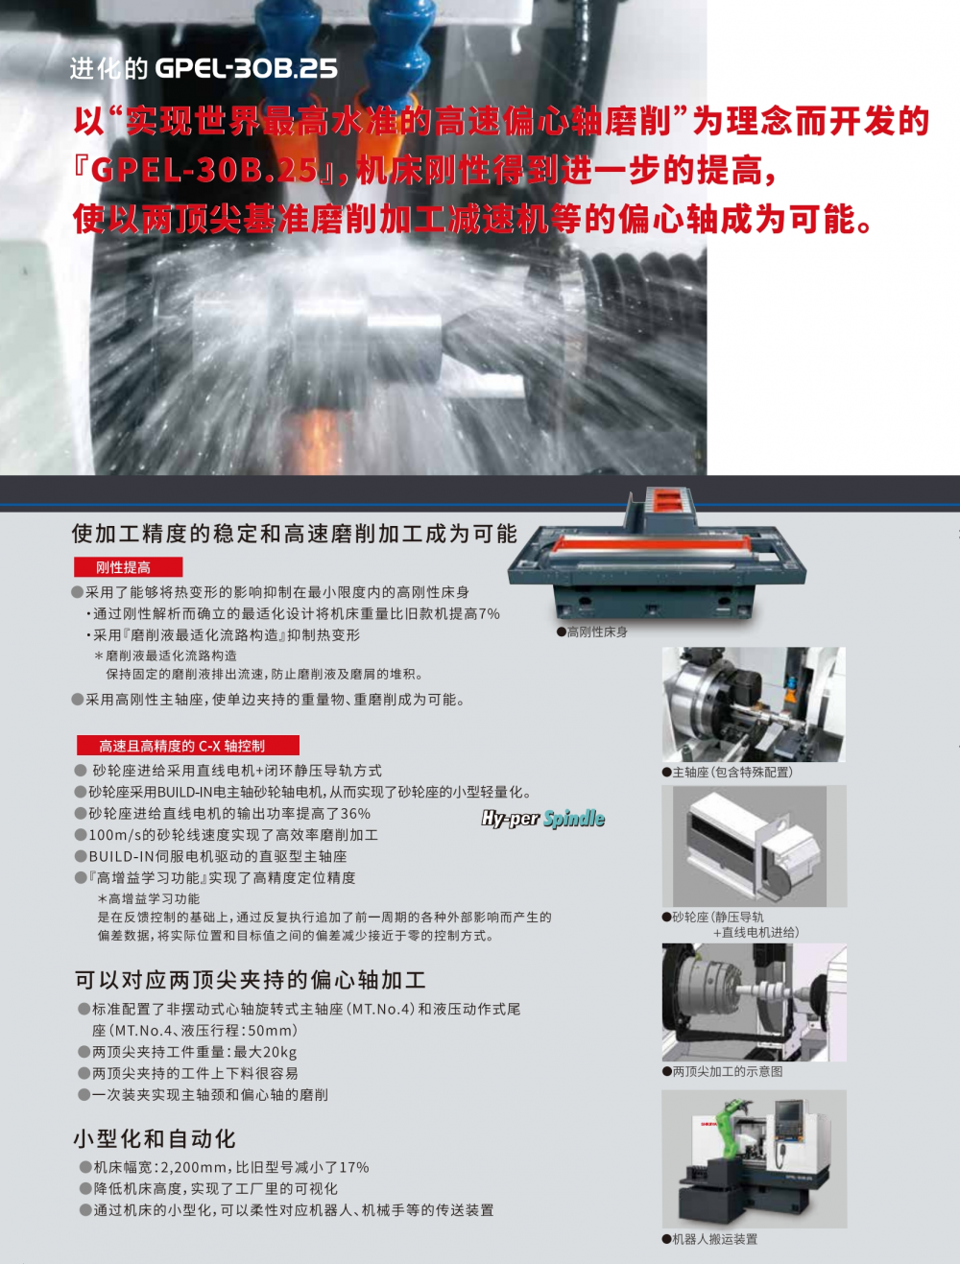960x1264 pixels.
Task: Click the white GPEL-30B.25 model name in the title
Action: pos(246,69)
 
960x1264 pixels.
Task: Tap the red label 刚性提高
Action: pos(128,567)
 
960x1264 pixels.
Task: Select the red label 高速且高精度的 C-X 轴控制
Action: pos(188,746)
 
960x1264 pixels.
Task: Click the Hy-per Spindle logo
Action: pos(543,819)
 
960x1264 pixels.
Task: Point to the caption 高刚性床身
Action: pos(592,632)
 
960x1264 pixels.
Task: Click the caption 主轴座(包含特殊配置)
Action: pos(728,773)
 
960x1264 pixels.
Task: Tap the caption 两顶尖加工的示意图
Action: pos(722,1071)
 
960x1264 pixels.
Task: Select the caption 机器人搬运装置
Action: pos(709,1239)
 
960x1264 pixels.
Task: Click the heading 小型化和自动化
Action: pos(155,1138)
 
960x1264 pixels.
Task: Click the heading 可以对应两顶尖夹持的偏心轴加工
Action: pos(251,980)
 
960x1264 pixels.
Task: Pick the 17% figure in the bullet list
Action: pos(354,1167)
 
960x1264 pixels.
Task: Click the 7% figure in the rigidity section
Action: pos(489,614)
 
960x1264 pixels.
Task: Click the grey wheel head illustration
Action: pos(754,846)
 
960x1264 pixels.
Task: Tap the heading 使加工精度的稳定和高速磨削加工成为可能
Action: pos(295,534)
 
